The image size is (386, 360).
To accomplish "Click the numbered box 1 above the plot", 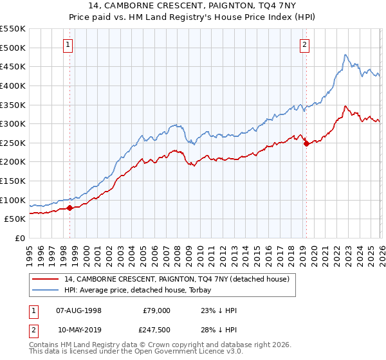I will click(68, 44).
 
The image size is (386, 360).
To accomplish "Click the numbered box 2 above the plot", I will click(304, 44).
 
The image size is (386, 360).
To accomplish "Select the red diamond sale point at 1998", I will click(70, 208).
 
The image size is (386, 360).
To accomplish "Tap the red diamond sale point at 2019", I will click(306, 144).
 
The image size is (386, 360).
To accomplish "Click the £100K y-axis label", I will click(14, 200).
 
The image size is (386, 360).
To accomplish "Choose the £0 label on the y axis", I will click(20, 238).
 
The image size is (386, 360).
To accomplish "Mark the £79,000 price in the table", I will click(156, 310).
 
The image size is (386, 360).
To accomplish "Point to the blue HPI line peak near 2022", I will click(345, 55).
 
